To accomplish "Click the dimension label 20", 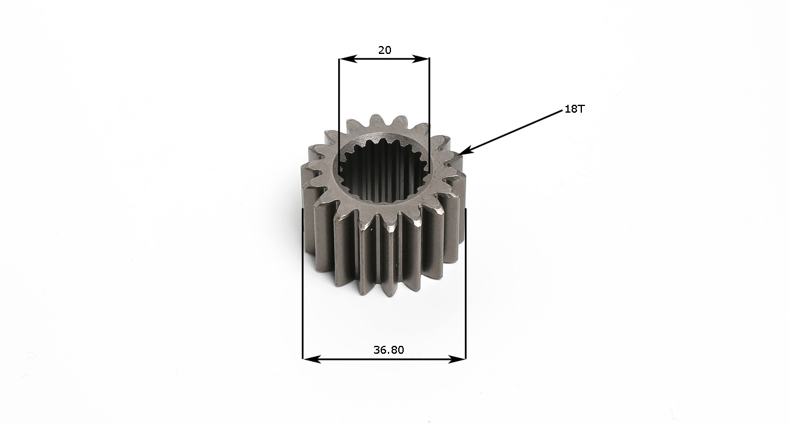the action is [384, 50].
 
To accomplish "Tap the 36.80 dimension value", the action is [389, 350].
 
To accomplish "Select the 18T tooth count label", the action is [574, 109].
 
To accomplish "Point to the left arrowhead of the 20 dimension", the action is [348, 59].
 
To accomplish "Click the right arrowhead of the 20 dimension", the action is [421, 59].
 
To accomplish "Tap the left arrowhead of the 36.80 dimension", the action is [312, 359].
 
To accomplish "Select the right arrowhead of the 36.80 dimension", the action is [457, 359].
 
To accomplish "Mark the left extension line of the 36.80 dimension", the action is [303, 283].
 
